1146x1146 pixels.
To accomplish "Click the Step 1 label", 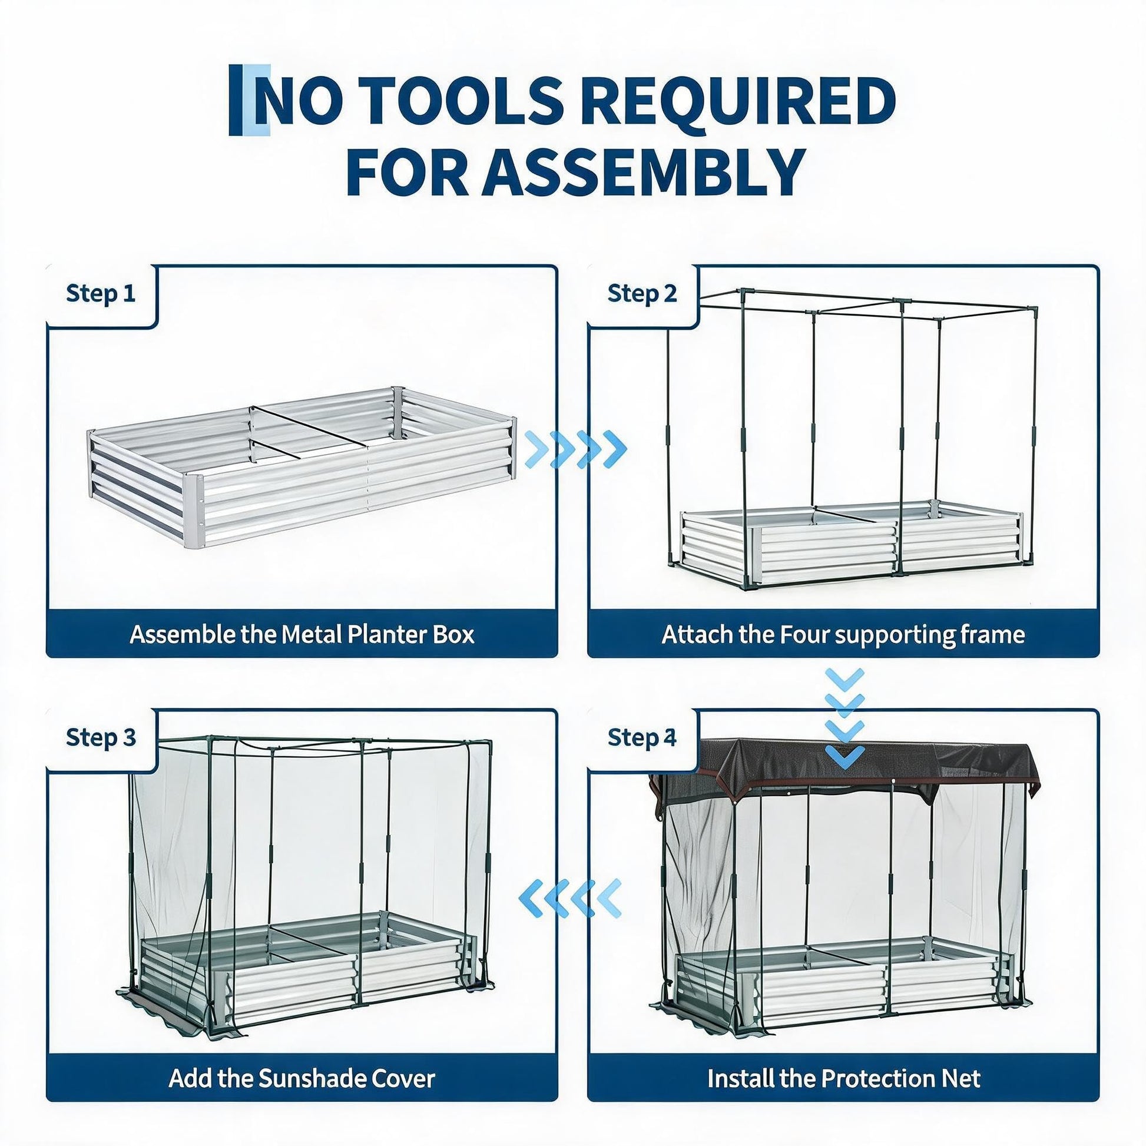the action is pos(101,294).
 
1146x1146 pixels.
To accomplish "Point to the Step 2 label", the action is pos(642,294).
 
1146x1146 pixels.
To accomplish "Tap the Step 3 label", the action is pos(101,737).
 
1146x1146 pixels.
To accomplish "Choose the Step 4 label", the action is pos(642,737).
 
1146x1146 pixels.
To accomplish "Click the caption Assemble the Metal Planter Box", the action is pos(302,634).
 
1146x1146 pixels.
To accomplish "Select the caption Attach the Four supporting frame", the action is pos(843,635).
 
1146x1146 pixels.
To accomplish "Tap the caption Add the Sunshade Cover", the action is pos(302,1078).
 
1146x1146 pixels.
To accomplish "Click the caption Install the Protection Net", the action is pos(843,1078).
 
